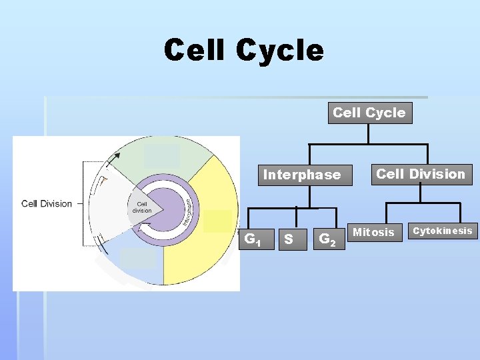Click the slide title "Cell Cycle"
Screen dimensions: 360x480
244,50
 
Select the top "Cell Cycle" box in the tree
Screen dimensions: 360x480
369,113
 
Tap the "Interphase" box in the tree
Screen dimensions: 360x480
301,175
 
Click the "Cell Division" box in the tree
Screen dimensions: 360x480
421,174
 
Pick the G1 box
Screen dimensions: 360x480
254,238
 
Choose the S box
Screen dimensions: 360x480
289,238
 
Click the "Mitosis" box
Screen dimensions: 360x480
373,232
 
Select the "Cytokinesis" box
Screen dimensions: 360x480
443,231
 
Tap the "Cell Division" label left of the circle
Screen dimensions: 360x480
47,203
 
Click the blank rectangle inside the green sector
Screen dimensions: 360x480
162,155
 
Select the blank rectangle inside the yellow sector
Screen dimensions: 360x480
218,221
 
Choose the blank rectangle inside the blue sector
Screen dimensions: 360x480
138,258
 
